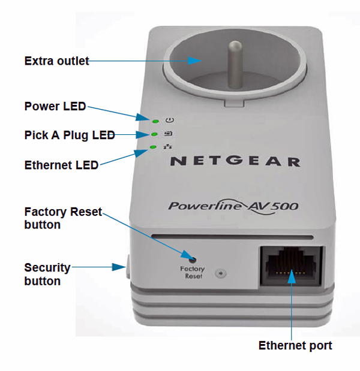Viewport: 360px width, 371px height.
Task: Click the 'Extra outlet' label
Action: (x=56, y=61)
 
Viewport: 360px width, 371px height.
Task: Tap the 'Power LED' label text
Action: (x=55, y=106)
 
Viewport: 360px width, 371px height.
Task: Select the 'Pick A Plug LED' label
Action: (x=69, y=135)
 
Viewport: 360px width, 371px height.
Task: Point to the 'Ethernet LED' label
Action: (x=61, y=165)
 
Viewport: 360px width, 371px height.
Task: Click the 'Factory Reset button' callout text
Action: (x=63, y=218)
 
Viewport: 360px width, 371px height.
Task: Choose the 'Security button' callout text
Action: (x=47, y=273)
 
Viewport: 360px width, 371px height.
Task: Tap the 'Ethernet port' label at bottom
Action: (x=295, y=345)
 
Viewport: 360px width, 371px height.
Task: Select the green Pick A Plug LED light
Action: (x=154, y=134)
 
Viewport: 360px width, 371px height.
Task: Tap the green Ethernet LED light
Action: (x=152, y=147)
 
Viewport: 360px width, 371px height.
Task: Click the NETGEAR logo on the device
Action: (x=235, y=161)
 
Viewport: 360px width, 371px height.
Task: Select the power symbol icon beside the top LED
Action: (x=170, y=120)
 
